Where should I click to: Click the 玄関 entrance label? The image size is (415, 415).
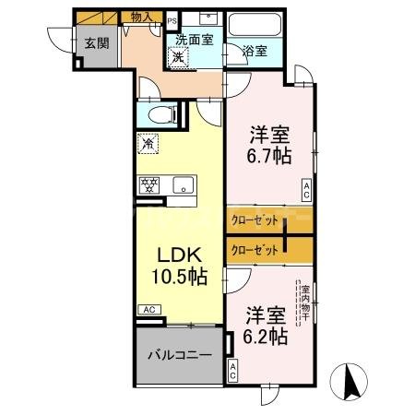point(97,43)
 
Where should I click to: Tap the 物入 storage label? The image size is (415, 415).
point(141,17)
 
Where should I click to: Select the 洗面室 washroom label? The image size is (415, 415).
point(195,40)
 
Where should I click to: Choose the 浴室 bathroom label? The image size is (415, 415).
point(255,52)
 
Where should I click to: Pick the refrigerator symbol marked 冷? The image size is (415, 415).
point(148,144)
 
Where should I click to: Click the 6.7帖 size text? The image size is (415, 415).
point(269,156)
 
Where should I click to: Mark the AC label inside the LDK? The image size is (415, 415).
point(147,309)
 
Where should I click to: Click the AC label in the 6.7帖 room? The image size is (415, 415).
point(306,190)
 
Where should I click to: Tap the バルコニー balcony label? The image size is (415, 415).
point(179,355)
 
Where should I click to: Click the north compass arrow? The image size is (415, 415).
point(350,379)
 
